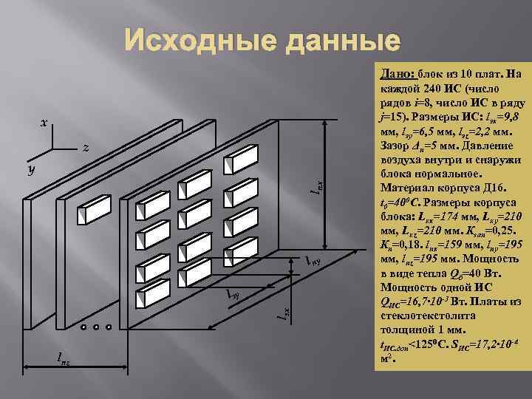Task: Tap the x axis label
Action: pos(44,123)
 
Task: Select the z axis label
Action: pos(86,149)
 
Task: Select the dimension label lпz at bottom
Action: pos(65,358)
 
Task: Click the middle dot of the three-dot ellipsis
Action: pos(95,326)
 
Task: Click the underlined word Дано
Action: pos(397,74)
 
